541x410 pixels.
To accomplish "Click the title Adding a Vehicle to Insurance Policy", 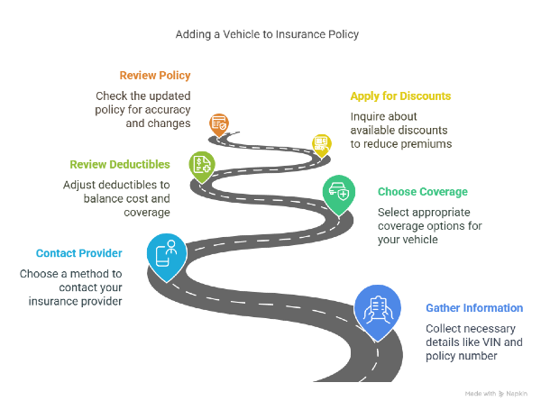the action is click(267, 34).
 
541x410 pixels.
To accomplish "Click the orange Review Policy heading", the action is click(155, 76).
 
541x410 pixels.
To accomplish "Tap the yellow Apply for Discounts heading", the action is click(400, 96).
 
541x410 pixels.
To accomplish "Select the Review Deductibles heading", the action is click(120, 165).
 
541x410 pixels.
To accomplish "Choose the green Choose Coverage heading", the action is click(423, 192).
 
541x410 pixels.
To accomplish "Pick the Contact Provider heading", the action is click(79, 253).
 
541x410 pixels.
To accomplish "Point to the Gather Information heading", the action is click(474, 308).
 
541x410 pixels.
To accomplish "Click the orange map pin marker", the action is click(219, 124).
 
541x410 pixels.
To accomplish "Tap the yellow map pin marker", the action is click(322, 145).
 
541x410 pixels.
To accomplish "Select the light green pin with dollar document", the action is click(202, 166).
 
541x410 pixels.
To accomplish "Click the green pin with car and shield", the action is click(339, 195).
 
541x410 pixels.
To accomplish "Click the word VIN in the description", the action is click(491, 342).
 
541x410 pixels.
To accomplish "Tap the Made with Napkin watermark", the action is click(496, 394).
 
